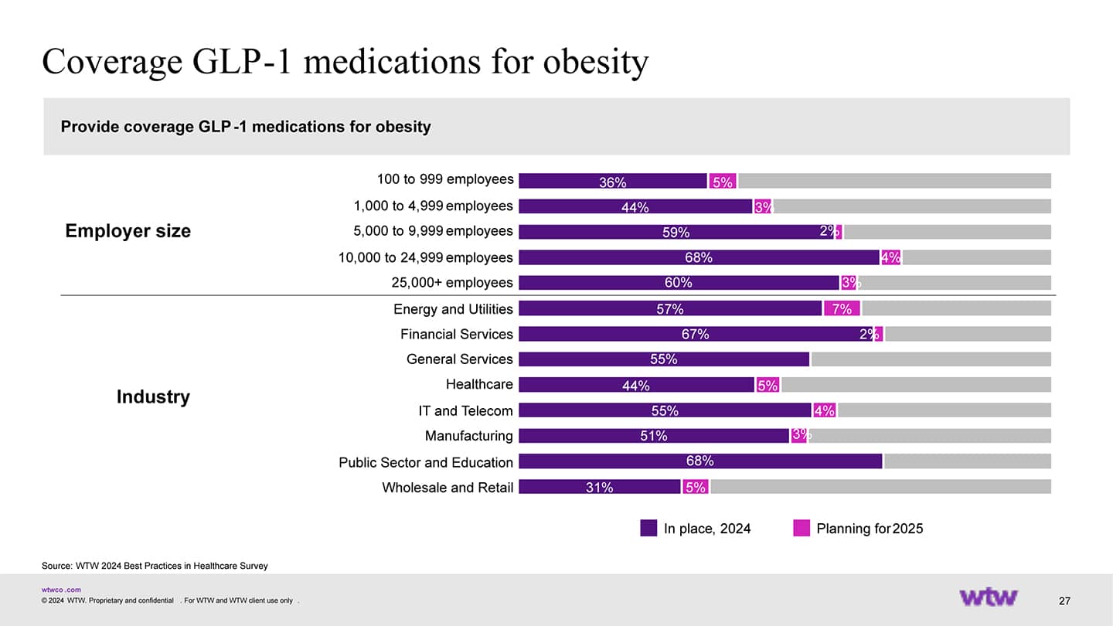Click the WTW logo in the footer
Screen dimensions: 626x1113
pos(989,597)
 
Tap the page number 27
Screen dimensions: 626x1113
pos(1064,601)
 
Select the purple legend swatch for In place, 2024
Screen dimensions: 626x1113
pos(648,528)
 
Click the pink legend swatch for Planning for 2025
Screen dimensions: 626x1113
pos(802,528)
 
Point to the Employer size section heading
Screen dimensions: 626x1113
pos(128,231)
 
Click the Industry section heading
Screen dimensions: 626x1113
pos(153,396)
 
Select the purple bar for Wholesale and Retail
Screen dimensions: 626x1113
pos(599,487)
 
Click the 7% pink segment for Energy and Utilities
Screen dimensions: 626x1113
pos(842,309)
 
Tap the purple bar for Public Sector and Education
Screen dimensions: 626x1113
pos(699,461)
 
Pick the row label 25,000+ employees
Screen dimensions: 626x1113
pos(452,283)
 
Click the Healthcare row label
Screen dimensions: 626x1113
pos(479,384)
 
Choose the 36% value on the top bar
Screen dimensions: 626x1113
pos(612,182)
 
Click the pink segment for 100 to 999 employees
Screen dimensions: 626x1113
pos(723,182)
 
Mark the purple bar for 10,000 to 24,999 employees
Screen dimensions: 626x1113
pos(699,257)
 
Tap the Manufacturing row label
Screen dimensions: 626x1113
pos(468,436)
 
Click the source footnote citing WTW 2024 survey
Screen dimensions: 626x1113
pos(155,566)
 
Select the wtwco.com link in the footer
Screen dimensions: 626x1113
pos(61,590)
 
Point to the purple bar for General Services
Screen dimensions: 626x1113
pos(663,359)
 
